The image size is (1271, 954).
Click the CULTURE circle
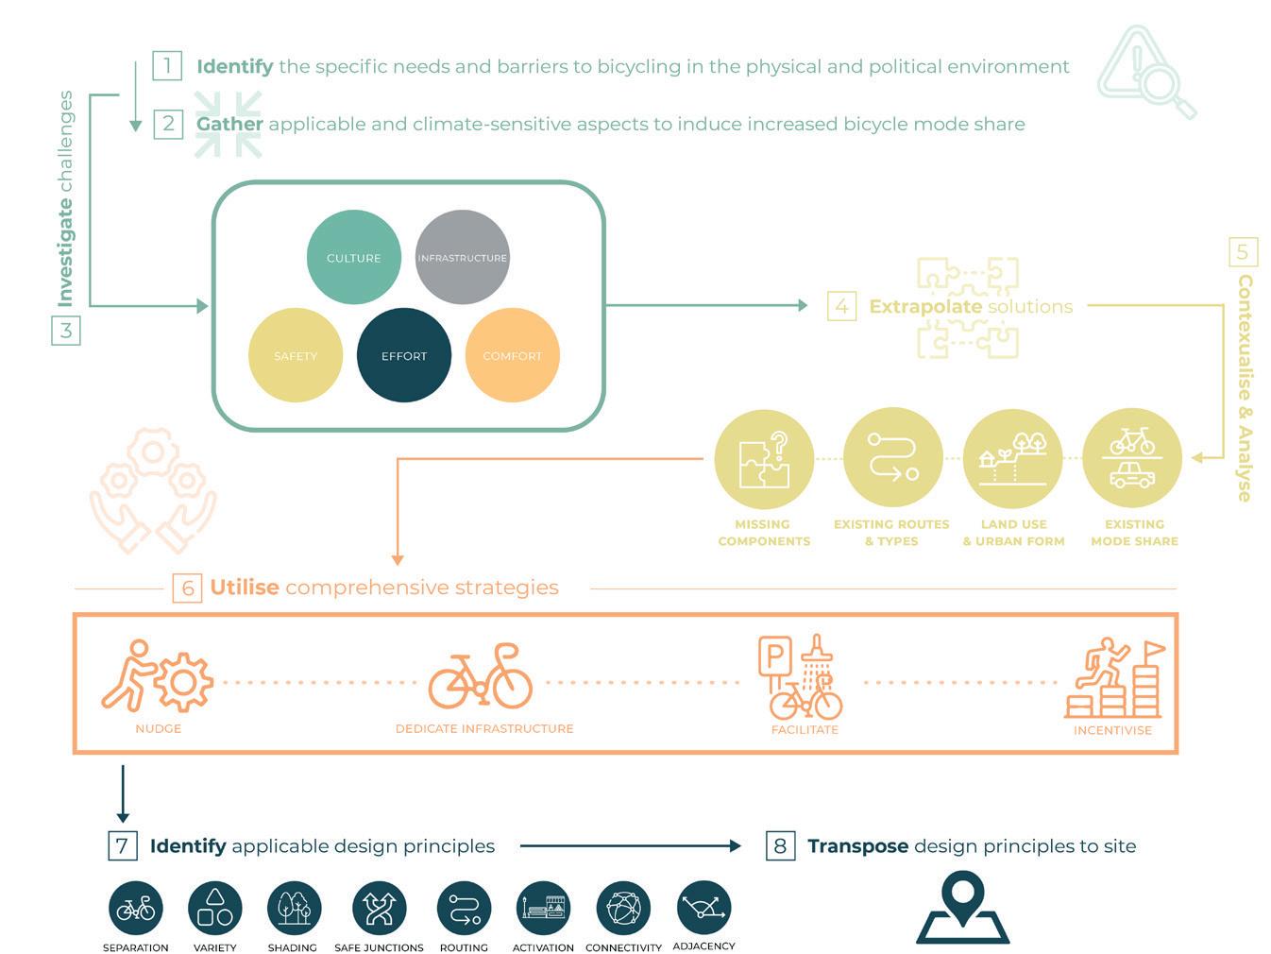354,257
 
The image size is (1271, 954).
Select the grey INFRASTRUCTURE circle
463,257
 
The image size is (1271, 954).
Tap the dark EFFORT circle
404,355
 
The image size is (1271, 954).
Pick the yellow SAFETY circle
296,355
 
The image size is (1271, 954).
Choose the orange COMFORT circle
512,355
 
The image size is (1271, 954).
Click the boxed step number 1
167,66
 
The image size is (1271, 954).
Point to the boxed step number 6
187,588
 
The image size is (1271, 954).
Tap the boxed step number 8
780,845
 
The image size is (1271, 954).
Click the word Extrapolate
924,306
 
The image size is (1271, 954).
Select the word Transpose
857,845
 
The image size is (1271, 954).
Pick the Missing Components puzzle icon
764,459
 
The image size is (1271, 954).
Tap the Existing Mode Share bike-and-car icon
1131,459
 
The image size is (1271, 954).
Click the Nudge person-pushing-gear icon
158,677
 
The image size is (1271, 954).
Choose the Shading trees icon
294,908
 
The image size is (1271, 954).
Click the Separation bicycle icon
136,908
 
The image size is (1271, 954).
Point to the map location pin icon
963,907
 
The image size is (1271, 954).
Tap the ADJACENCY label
703,945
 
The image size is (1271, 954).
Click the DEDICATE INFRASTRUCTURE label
484,728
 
